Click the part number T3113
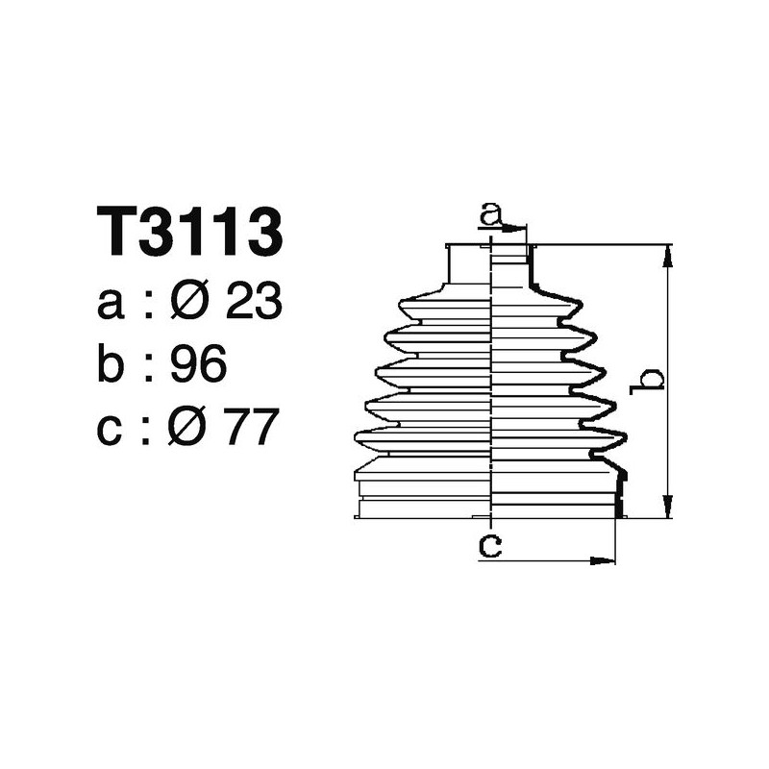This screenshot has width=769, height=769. coord(190,232)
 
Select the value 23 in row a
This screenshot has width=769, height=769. coord(254,304)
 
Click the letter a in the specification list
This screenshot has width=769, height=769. coord(111,306)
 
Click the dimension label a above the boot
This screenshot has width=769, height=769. coord(491,213)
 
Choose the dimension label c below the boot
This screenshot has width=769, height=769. coord(490,547)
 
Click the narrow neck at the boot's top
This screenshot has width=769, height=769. coord(471,263)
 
